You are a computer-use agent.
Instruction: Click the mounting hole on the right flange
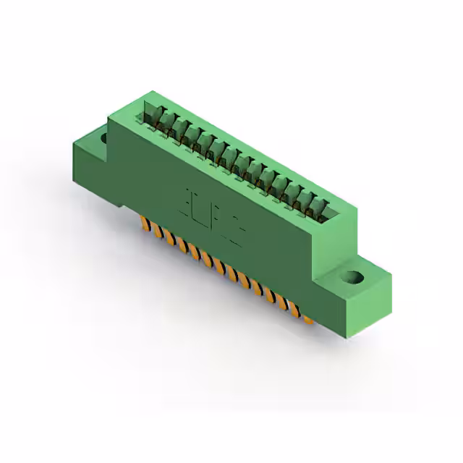point(352,276)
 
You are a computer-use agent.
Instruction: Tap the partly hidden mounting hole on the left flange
point(103,137)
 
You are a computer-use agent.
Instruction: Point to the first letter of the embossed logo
point(190,198)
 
